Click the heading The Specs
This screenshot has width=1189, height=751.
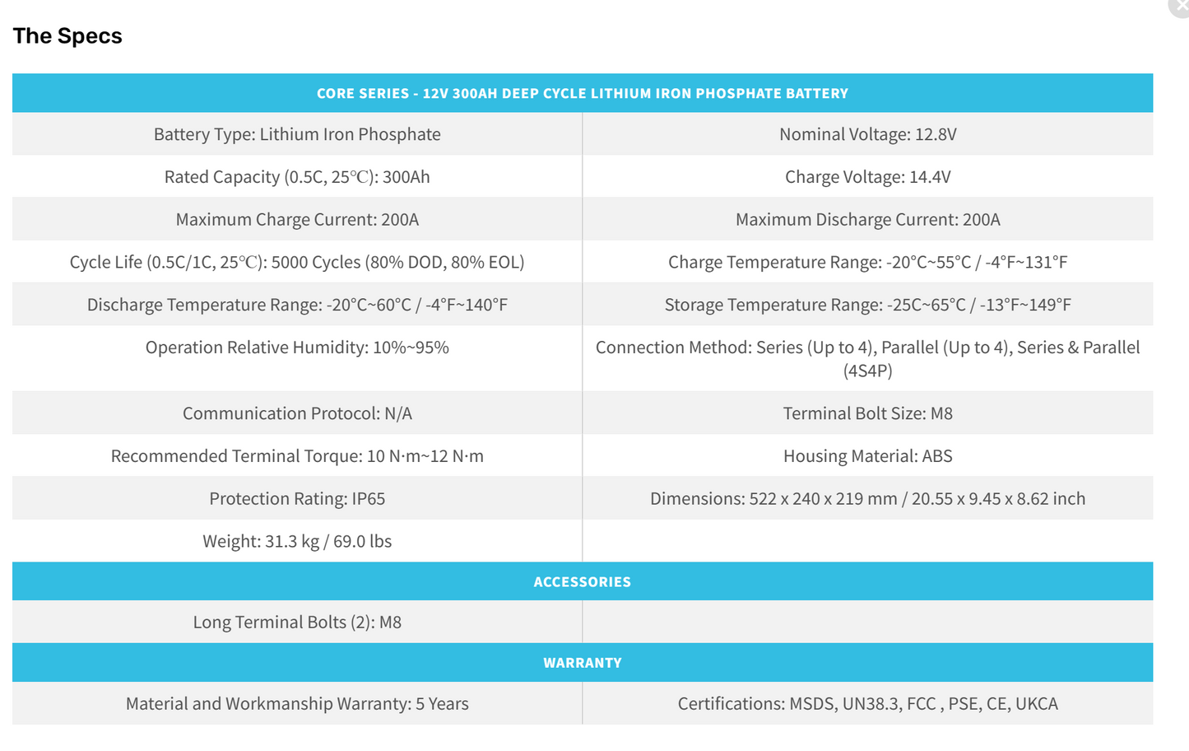click(67, 36)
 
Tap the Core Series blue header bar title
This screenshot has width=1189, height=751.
click(582, 94)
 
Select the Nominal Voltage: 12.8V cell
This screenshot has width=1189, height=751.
click(867, 134)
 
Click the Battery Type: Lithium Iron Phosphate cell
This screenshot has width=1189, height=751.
click(297, 134)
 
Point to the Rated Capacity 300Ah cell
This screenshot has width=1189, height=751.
click(297, 177)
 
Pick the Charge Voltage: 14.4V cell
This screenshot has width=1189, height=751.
click(867, 177)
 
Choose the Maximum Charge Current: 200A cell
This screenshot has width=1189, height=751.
click(297, 220)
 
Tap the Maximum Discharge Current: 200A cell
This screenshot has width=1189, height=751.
click(867, 220)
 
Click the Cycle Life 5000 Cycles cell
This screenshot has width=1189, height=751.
click(297, 263)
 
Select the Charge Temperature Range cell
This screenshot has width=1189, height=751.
click(867, 263)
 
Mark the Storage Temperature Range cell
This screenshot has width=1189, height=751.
click(867, 306)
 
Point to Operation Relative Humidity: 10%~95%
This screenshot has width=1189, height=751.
click(297, 348)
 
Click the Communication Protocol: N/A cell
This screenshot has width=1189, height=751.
click(297, 413)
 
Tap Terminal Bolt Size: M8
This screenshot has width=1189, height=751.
click(867, 413)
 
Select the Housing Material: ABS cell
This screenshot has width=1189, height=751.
click(867, 456)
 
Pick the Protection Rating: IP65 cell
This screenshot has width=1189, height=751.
click(297, 499)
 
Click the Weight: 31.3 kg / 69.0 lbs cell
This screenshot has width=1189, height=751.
click(297, 542)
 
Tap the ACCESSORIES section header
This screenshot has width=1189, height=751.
click(582, 582)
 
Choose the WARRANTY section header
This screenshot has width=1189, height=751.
click(582, 663)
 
